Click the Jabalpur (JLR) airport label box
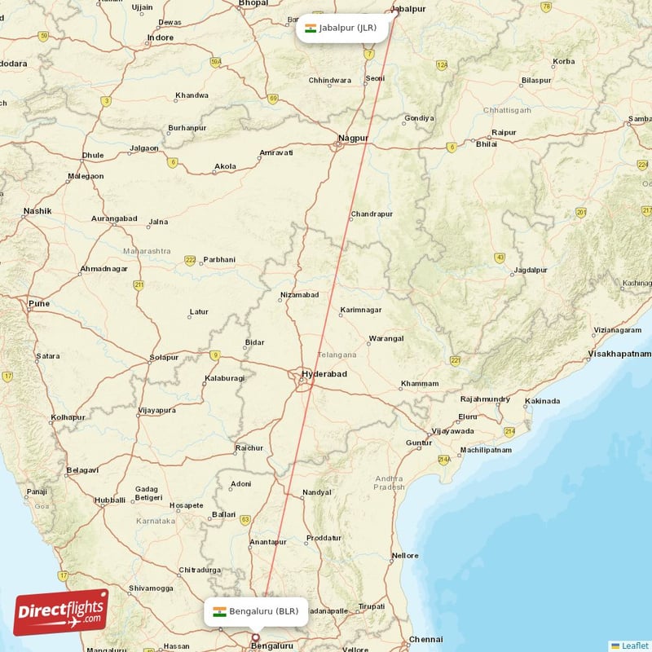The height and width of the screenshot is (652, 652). (x=341, y=28)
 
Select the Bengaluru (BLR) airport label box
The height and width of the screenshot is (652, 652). (x=257, y=611)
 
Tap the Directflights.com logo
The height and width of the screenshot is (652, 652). (x=61, y=612)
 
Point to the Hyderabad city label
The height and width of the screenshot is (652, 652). (x=324, y=374)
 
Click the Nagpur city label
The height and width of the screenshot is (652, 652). (x=354, y=138)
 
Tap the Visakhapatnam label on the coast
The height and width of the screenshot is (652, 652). (x=619, y=354)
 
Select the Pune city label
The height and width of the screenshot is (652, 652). (x=39, y=303)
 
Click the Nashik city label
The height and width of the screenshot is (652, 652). (x=37, y=211)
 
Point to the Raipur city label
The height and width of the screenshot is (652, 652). (x=504, y=132)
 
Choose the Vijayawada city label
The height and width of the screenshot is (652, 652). (x=452, y=430)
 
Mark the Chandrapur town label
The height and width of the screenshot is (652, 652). (x=372, y=214)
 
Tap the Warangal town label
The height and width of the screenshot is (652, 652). (x=385, y=338)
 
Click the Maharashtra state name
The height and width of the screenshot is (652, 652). (x=147, y=250)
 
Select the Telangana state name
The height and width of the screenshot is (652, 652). (x=337, y=355)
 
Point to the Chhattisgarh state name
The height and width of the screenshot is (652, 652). (x=507, y=109)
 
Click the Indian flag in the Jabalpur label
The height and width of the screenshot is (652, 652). (x=311, y=28)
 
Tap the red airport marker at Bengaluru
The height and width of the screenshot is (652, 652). (x=255, y=637)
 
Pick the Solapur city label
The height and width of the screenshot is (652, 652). (x=164, y=358)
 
